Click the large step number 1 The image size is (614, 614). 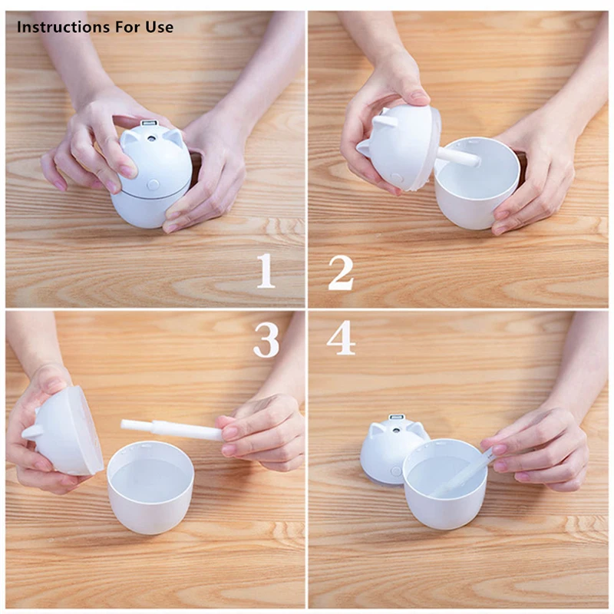point(266,272)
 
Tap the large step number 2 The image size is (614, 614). point(341,272)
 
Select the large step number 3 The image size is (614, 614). point(266,338)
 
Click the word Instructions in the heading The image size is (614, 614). point(63,28)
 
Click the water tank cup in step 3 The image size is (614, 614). point(150,491)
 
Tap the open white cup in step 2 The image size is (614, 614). point(476,184)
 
